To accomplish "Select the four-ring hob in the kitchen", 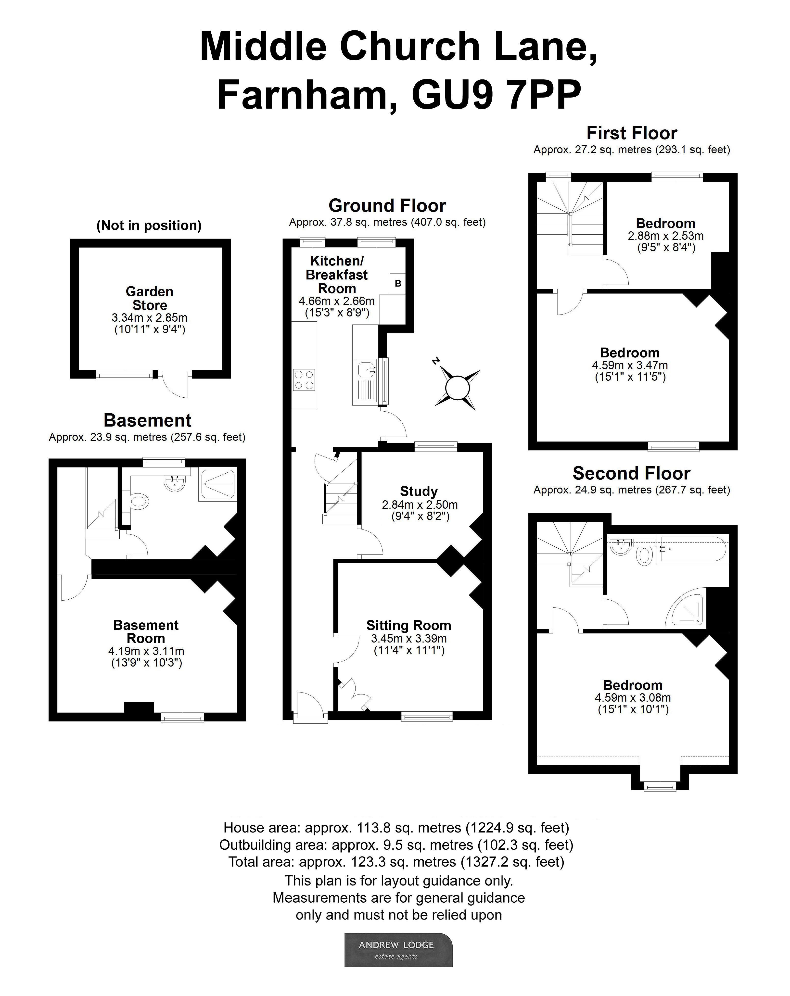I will (x=304, y=380).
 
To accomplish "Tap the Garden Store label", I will (x=149, y=298).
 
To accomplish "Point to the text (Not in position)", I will (x=149, y=226).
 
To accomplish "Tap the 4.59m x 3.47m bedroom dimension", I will (x=630, y=365).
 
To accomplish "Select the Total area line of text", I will (x=396, y=862).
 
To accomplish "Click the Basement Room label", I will (x=146, y=631).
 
